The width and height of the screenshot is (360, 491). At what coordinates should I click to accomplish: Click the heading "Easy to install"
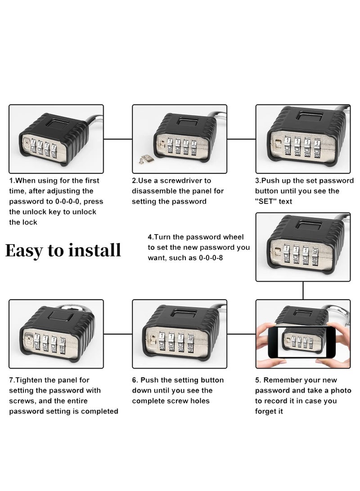click(63, 250)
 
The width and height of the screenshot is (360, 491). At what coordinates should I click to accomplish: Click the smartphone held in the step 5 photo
click(303, 342)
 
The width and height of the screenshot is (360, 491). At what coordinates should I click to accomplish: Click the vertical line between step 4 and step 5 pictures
click(303, 290)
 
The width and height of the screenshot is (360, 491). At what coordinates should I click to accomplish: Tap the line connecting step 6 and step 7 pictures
click(117, 334)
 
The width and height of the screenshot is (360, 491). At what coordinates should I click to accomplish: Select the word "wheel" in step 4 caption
click(233, 237)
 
